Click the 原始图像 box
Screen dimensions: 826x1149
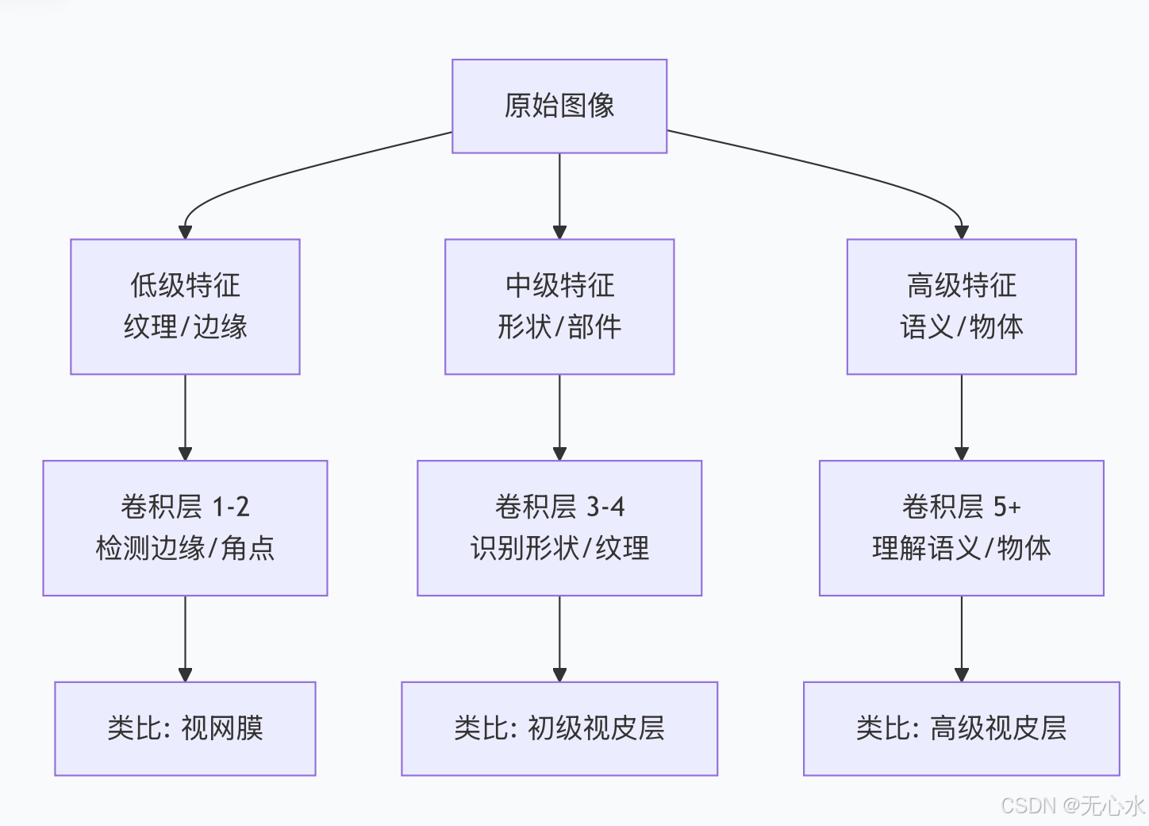(x=559, y=106)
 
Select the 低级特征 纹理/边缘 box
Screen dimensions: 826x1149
(x=185, y=307)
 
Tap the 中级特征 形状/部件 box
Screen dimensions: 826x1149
(x=559, y=307)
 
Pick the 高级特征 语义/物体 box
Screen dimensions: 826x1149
(x=961, y=307)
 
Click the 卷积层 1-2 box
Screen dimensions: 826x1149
(x=185, y=528)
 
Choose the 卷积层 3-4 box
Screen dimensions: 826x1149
(x=559, y=528)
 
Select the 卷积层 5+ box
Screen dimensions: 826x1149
(x=961, y=528)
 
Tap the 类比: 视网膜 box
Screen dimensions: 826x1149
(x=185, y=728)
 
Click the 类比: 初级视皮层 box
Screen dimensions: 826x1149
(x=559, y=728)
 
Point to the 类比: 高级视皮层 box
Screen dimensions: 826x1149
(x=961, y=728)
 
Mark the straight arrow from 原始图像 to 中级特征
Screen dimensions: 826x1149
(x=559, y=195)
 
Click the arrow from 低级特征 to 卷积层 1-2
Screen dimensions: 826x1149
(x=185, y=417)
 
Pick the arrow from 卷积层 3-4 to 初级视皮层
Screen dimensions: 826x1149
(x=559, y=638)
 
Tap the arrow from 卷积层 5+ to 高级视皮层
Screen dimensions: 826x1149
(x=961, y=638)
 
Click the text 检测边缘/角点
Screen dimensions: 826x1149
(x=185, y=549)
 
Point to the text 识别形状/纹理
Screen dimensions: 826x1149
(x=559, y=549)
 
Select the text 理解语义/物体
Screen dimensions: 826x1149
(x=961, y=549)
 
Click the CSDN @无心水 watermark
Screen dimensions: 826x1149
(x=1072, y=805)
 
